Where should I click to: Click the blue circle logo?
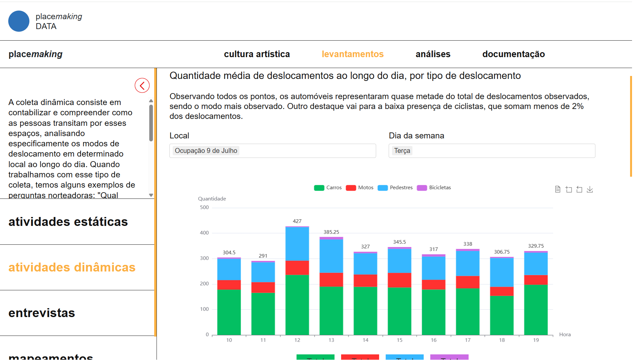pos(19,21)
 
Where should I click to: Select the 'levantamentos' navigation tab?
pos(352,54)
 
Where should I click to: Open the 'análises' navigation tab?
pos(433,54)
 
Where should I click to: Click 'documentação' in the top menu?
pos(513,54)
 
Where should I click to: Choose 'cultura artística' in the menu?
pos(257,54)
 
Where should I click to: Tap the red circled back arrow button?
pos(142,86)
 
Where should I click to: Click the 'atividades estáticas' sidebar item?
pos(68,222)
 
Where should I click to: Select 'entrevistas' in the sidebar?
pos(42,313)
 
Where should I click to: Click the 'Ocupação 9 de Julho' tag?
pos(206,151)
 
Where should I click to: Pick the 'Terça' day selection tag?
pos(402,151)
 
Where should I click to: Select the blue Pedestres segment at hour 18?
pos(502,272)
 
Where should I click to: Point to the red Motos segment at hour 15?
pos(399,280)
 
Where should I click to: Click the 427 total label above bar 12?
pos(297,221)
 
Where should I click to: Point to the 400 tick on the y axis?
pos(204,233)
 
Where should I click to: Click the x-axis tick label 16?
pos(433,340)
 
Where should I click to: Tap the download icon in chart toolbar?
pos(590,189)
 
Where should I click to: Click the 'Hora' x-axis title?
pos(565,335)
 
